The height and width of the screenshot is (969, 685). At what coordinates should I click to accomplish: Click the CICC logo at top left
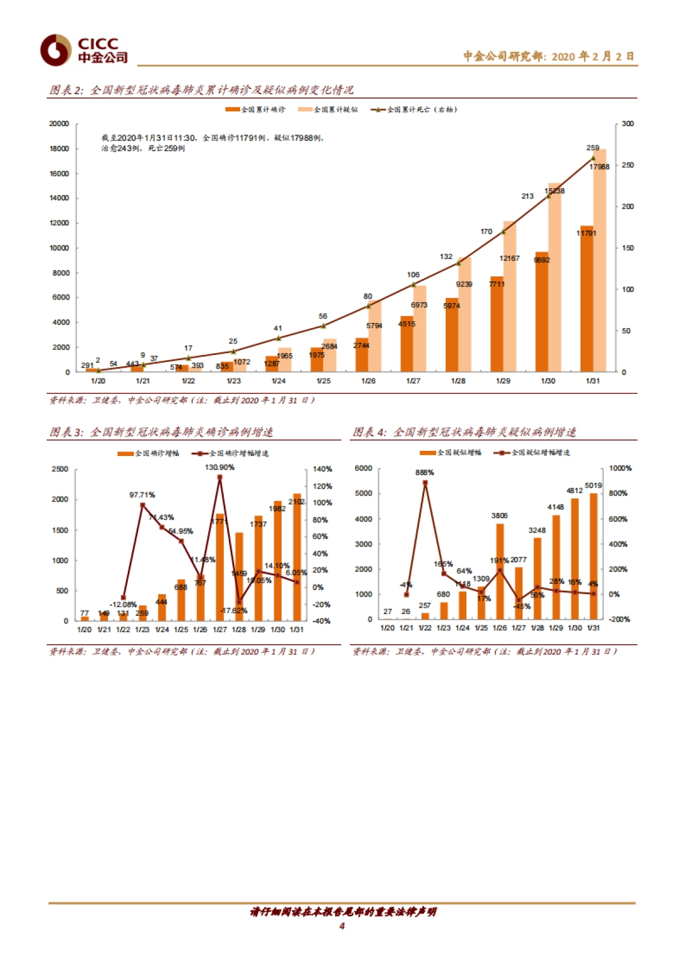tap(83, 50)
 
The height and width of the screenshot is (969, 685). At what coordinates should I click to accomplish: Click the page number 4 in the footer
tap(342, 926)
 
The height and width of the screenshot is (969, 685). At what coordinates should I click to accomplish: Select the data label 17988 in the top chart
tap(599, 167)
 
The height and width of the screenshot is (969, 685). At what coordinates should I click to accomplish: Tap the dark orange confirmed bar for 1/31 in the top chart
tap(586, 302)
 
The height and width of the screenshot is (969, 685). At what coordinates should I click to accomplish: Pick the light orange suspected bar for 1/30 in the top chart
tap(554, 280)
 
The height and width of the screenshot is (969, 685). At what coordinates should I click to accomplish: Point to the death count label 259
tap(593, 148)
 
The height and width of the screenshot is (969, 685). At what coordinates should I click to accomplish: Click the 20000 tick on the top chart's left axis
tap(59, 124)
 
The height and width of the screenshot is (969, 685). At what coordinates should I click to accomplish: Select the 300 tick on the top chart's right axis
tap(627, 124)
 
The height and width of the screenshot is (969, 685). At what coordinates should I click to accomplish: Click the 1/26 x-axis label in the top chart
tap(368, 381)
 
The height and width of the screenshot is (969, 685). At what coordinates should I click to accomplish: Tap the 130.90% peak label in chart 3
tap(220, 467)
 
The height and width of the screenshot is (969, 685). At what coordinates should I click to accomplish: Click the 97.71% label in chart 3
tap(142, 495)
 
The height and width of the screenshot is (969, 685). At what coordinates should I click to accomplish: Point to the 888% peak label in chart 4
tap(425, 473)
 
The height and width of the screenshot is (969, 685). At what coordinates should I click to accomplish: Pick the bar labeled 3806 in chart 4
tap(500, 571)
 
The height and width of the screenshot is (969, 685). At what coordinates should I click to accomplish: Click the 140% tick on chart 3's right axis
tap(322, 469)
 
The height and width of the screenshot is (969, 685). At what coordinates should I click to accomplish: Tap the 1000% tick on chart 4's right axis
tap(620, 468)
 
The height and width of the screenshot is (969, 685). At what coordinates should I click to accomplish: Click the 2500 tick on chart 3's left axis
tap(60, 469)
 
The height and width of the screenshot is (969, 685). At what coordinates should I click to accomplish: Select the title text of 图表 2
tap(201, 90)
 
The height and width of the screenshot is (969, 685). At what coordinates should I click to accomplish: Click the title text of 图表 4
tap(464, 432)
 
